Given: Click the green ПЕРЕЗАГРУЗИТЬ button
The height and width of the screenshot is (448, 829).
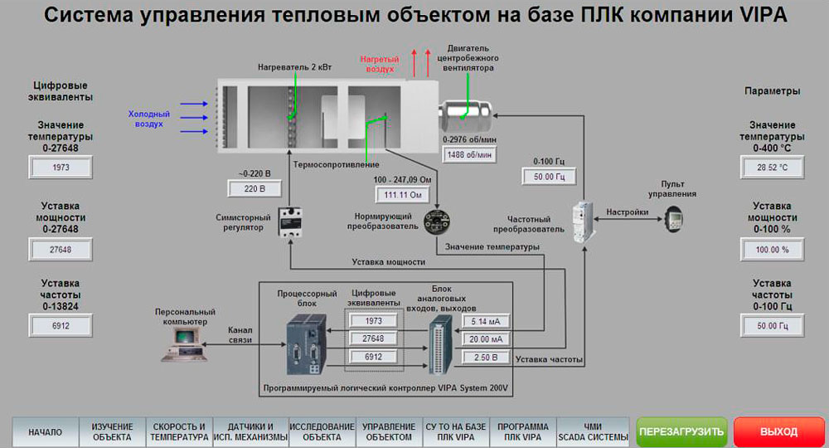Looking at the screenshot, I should (681, 431).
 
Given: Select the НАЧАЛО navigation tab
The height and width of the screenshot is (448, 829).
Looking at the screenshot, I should (45, 432).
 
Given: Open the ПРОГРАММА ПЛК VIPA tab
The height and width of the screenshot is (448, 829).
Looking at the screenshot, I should (519, 431).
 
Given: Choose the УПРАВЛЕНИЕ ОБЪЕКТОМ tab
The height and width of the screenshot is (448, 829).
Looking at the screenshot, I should (387, 431).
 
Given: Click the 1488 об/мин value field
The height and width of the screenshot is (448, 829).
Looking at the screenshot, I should (470, 154).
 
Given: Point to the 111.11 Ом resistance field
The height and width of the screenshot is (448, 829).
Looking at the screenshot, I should (400, 195).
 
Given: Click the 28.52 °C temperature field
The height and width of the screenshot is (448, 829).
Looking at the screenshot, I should (771, 168).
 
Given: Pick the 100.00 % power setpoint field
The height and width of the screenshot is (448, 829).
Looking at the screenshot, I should (771, 248).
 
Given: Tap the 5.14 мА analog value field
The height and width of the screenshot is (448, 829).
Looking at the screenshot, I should (486, 322).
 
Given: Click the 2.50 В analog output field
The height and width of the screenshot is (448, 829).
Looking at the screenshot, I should (486, 357).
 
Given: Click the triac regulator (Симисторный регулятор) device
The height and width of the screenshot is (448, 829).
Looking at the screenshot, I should (290, 222).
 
